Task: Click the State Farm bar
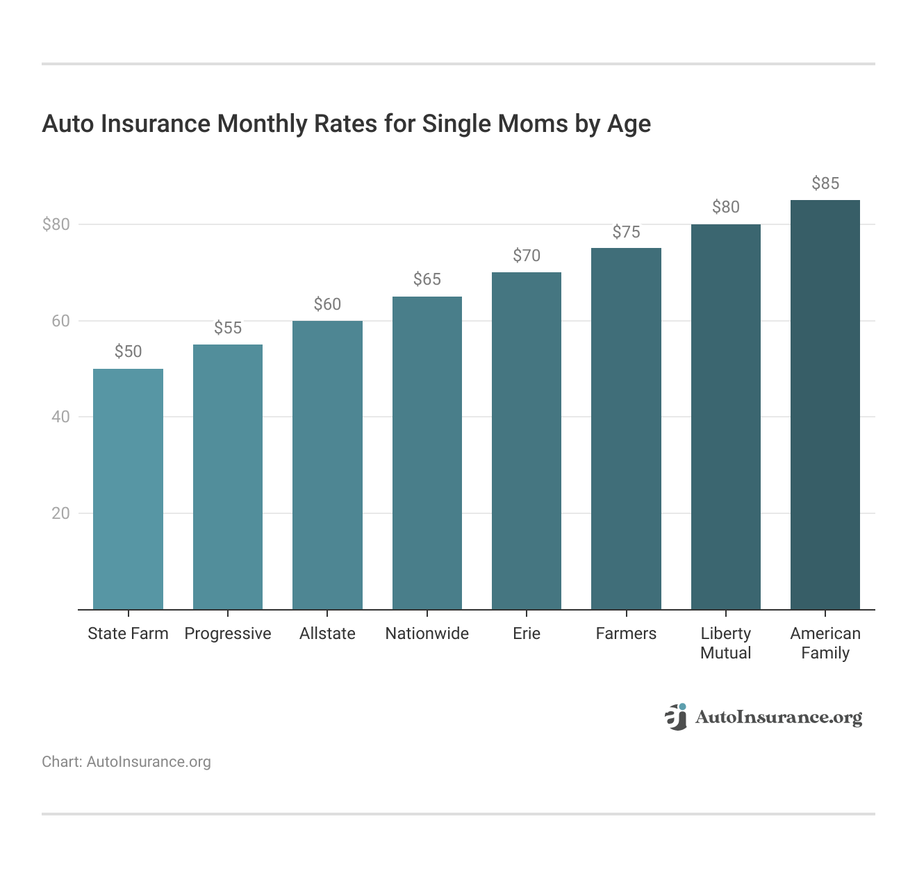128,489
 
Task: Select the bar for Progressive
228,477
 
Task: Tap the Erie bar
527,441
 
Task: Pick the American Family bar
825,405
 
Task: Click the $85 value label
825,183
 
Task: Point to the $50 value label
128,351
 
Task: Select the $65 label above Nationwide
427,279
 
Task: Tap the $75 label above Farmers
626,232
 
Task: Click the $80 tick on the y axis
56,224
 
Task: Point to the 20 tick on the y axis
61,513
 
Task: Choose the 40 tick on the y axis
61,417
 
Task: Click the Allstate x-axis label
327,633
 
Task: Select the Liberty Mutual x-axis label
726,643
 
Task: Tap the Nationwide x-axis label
427,633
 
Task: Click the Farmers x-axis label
626,633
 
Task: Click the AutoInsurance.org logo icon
675,717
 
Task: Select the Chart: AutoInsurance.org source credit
126,762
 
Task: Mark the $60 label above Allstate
327,304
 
